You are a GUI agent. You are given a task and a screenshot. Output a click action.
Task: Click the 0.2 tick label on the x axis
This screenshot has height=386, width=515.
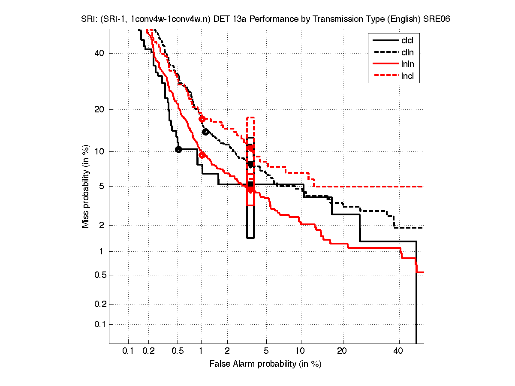point(149,351)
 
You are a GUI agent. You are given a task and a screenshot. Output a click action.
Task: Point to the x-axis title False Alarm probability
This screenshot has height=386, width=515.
point(265,364)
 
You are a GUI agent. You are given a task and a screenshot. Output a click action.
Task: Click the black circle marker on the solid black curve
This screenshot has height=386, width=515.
point(178,149)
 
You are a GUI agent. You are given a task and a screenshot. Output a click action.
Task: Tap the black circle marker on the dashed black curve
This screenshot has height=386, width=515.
point(205,132)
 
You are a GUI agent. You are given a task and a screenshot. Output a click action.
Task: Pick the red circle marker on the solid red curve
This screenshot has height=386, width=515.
point(202,155)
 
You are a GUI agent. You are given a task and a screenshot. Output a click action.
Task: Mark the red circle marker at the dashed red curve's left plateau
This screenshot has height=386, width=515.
point(202,119)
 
